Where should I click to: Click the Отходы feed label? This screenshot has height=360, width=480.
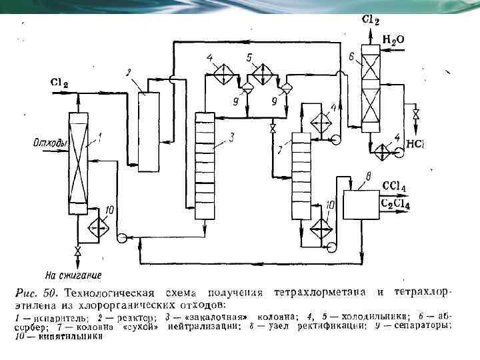click(47, 142)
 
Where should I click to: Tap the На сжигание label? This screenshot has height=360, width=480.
click(73, 274)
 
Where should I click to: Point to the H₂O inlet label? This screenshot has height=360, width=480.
click(393, 40)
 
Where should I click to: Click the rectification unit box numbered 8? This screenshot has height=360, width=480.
click(361, 204)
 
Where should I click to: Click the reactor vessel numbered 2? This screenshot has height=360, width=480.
click(148, 131)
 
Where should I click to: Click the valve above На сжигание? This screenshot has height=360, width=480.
click(77, 252)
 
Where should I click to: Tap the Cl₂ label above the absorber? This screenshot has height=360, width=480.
click(371, 21)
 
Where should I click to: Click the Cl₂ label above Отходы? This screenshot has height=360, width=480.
click(59, 83)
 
